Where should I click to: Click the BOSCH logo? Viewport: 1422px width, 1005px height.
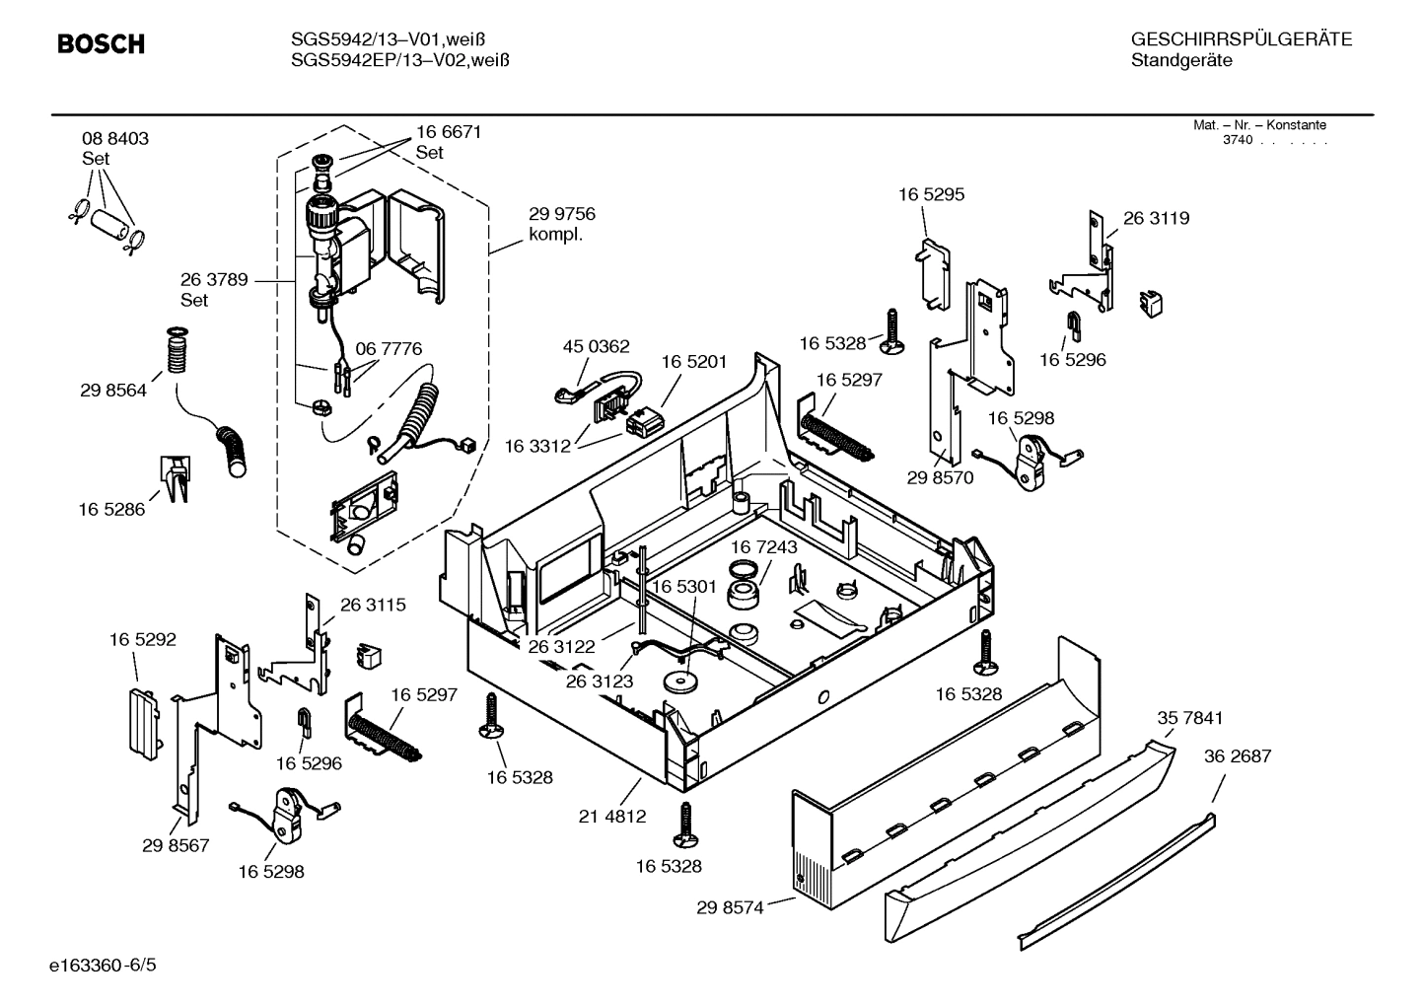101,44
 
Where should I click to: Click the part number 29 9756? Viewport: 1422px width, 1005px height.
562,214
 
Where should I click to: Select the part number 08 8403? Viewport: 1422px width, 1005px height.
115,139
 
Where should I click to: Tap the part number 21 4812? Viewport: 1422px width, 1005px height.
612,816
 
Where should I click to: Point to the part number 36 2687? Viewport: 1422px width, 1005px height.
1238,756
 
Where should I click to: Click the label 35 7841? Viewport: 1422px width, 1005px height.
1189,719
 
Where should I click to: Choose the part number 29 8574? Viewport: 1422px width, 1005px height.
730,907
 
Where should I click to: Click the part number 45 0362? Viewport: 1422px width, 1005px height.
596,347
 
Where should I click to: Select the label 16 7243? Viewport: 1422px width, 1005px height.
764,546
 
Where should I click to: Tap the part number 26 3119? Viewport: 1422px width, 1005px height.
1156,219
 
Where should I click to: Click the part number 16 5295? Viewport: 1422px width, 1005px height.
931,195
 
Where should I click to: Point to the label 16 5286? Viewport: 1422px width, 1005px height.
111,510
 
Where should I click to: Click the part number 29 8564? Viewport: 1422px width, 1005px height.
113,391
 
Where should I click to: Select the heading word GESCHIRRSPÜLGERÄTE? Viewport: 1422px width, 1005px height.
1242,39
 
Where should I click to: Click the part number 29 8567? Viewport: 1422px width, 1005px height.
176,845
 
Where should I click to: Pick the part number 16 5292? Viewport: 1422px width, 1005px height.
142,640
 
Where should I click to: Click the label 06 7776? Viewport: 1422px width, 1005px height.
389,349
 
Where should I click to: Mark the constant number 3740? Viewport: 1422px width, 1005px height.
1237,140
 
